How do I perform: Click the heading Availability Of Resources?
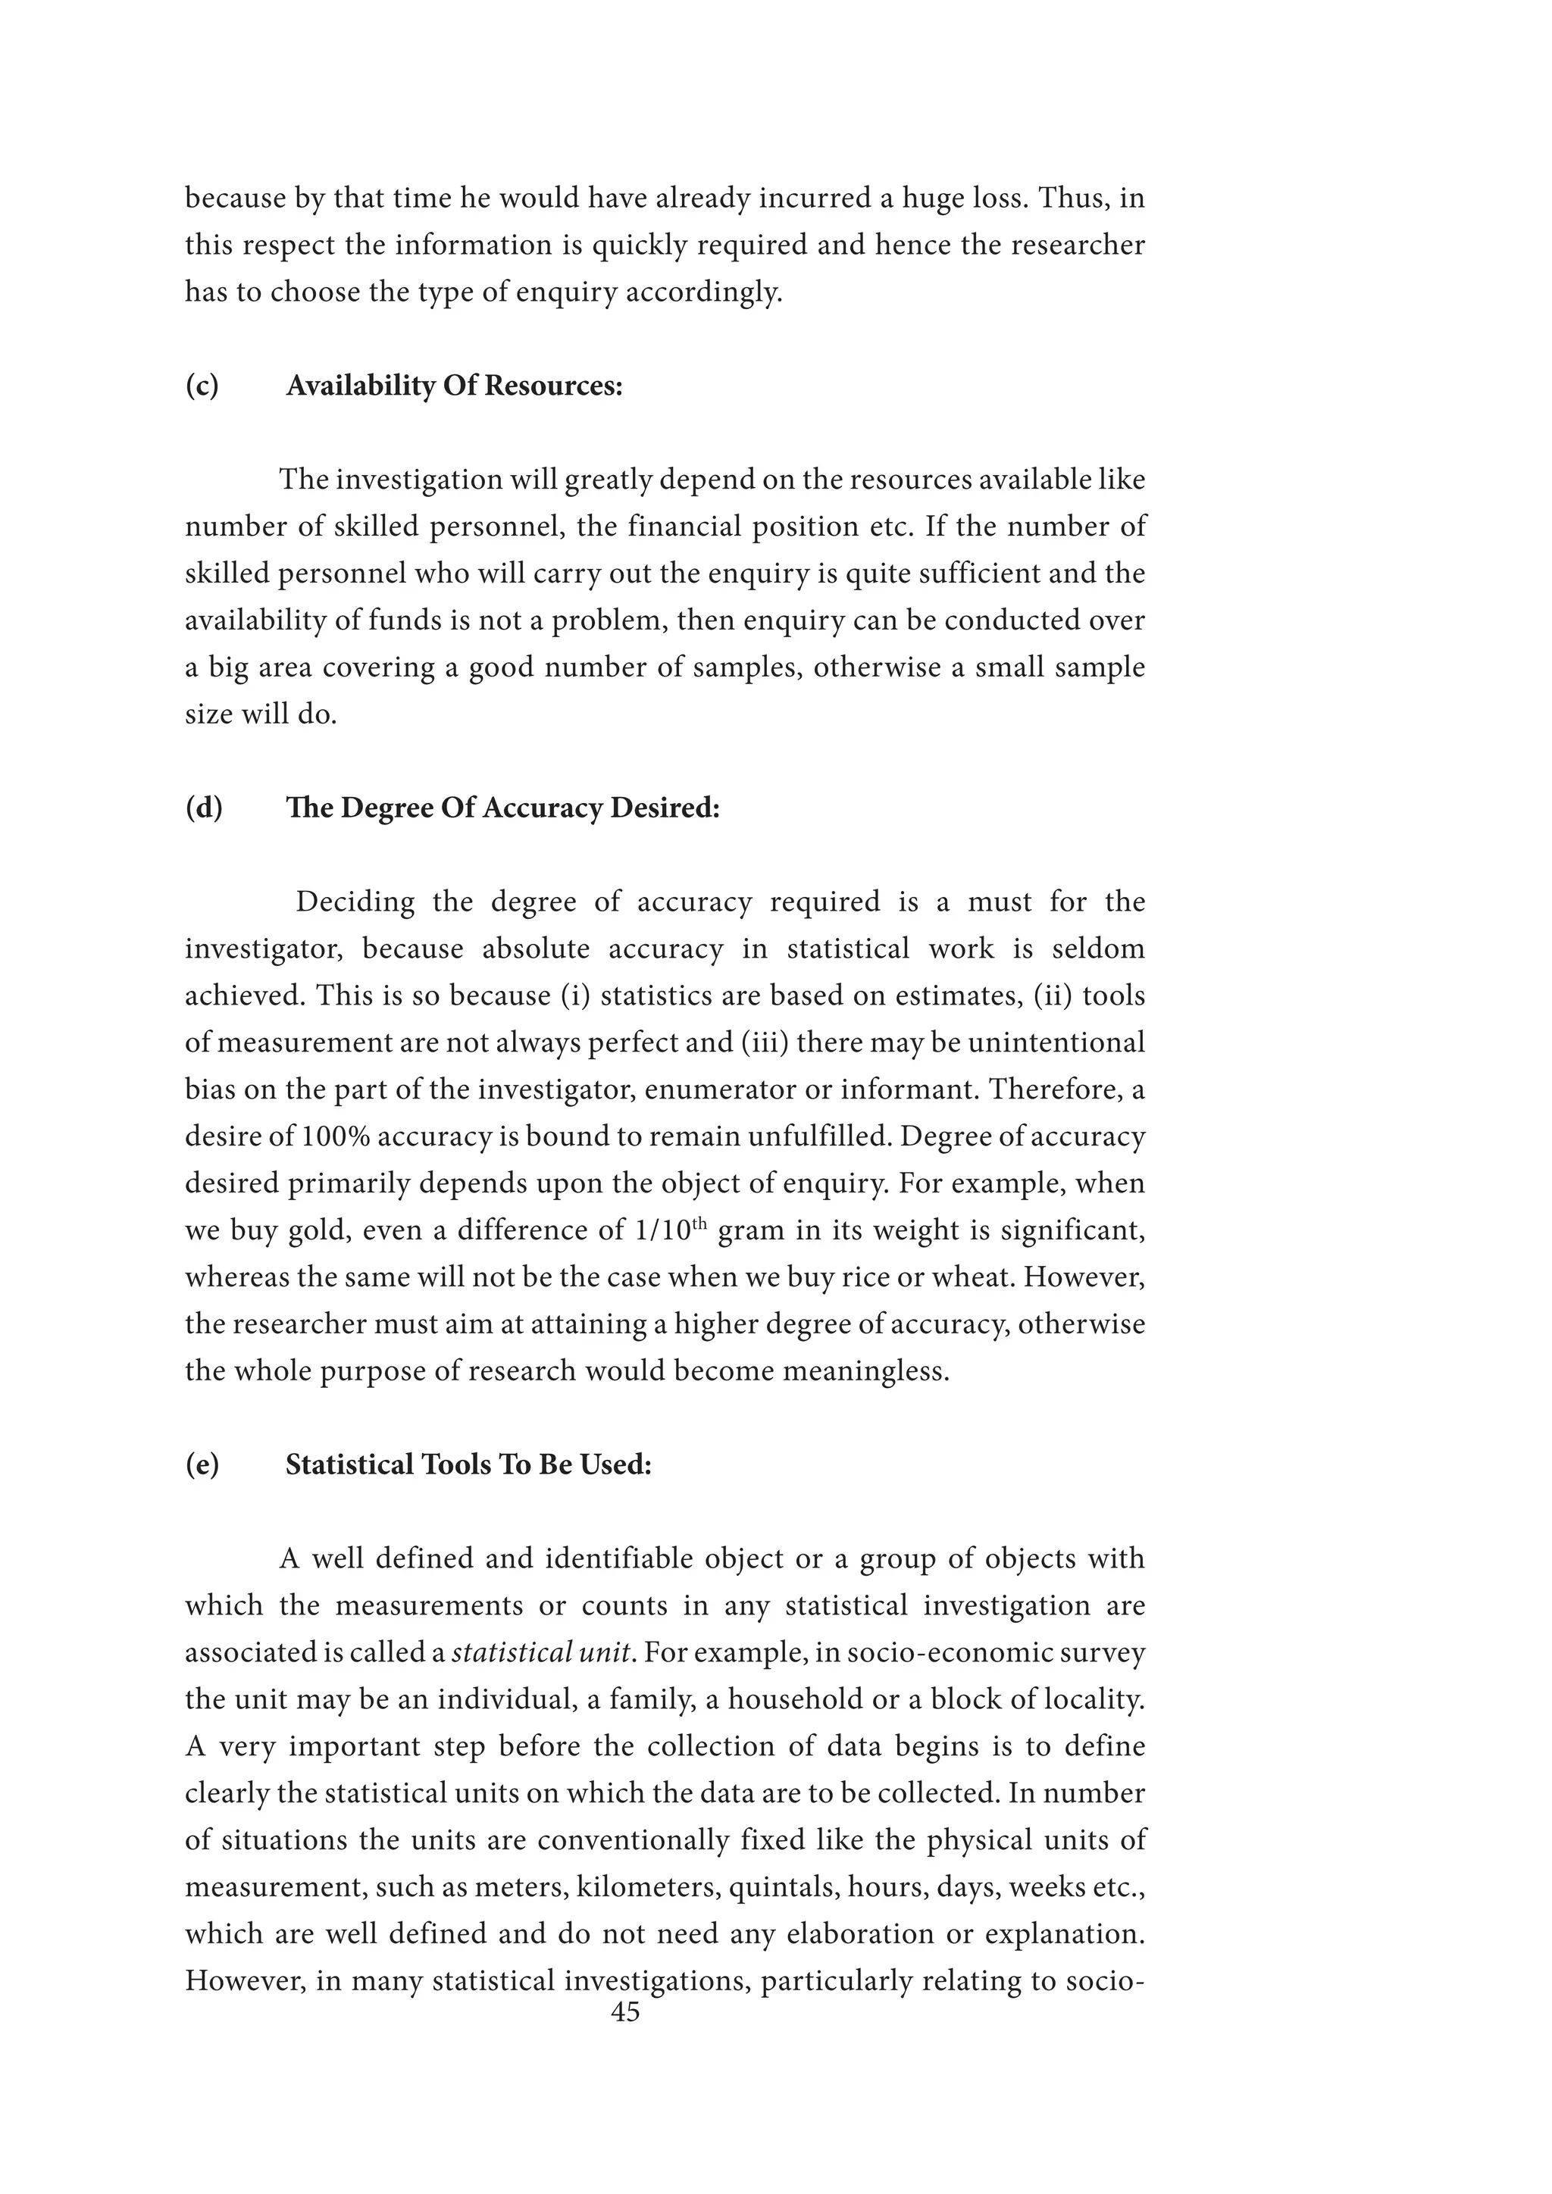click(x=454, y=386)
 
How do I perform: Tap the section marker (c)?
click(x=202, y=386)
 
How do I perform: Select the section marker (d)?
click(x=204, y=808)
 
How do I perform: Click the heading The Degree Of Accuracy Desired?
click(x=502, y=808)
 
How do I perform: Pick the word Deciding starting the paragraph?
click(x=355, y=902)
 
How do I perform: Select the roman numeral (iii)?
click(x=765, y=1042)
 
